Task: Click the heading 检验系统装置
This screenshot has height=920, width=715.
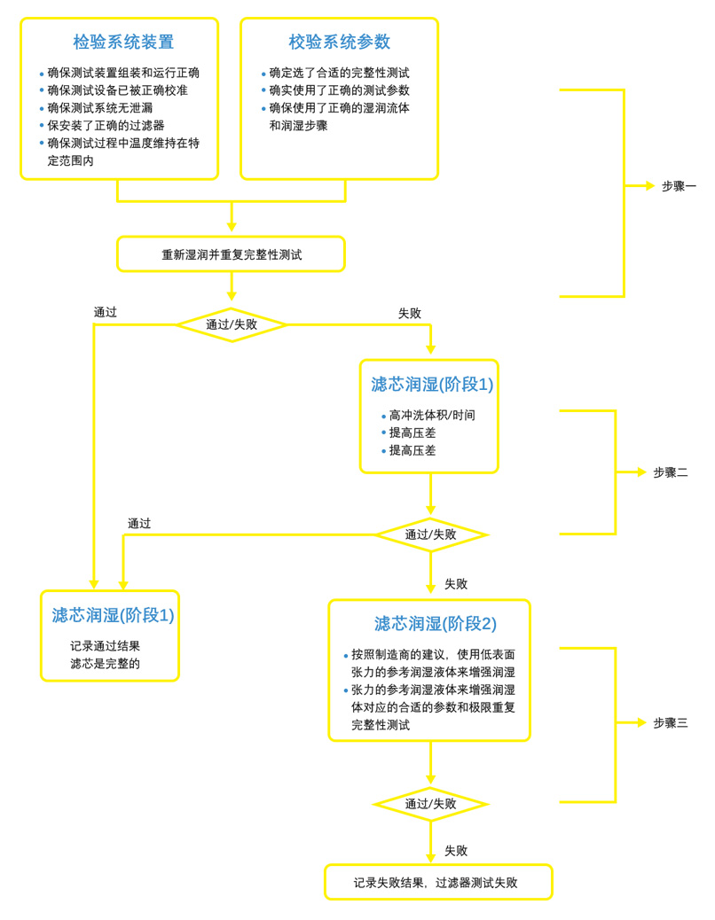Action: (123, 42)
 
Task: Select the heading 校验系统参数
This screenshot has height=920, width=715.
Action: (339, 42)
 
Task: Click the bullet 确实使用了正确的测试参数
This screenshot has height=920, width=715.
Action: (339, 90)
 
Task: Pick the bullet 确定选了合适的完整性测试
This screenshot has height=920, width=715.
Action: (339, 73)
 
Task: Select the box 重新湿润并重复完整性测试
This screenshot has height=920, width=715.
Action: (231, 254)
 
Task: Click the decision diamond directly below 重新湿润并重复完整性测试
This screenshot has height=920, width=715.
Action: (231, 324)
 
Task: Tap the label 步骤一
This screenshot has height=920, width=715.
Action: (679, 186)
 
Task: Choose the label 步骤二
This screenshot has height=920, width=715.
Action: (670, 472)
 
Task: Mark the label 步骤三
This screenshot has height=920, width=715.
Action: (670, 723)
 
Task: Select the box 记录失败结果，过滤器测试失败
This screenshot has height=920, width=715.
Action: (437, 883)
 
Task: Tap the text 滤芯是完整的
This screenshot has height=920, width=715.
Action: (106, 663)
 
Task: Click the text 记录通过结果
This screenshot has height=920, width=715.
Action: (106, 646)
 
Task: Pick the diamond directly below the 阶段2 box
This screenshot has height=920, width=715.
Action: (430, 804)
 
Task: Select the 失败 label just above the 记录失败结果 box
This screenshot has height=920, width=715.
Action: (456, 851)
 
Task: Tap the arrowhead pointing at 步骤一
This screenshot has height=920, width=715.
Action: (650, 186)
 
